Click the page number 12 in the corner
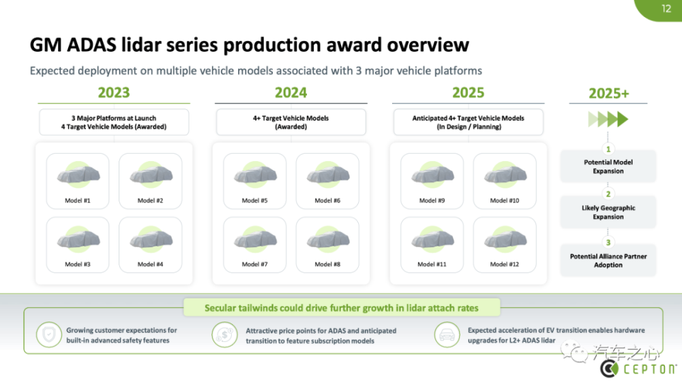tap(666, 9)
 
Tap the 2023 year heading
tap(113, 93)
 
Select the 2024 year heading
tap(291, 93)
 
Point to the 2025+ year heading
tap(608, 93)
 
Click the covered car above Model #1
tap(78, 175)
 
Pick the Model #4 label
tap(150, 264)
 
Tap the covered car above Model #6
tap(328, 175)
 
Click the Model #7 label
tap(254, 264)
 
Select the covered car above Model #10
tap(505, 175)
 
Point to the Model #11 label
tap(432, 264)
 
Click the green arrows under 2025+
tap(608, 119)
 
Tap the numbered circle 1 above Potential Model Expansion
tap(608, 150)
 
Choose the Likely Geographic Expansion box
tap(608, 212)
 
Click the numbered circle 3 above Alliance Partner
tap(608, 242)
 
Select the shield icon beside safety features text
tap(48, 335)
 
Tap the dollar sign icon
tap(224, 335)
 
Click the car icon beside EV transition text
tap(447, 335)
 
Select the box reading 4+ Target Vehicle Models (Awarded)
tap(291, 122)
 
